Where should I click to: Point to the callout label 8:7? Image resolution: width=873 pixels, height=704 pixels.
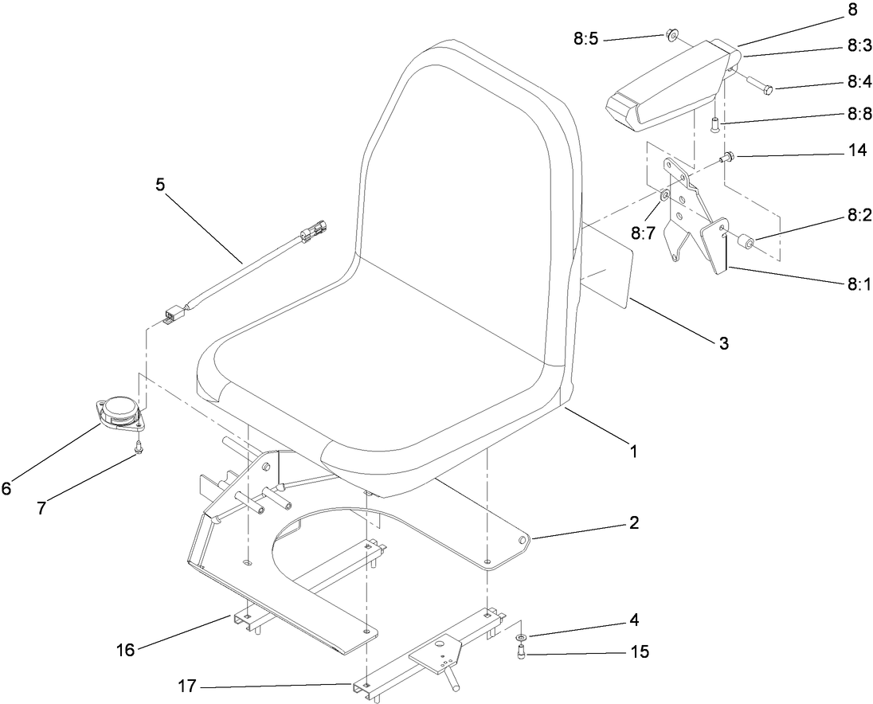click(644, 233)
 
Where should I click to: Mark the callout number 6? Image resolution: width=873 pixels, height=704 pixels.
click(6, 489)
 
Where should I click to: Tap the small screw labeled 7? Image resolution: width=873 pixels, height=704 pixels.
click(138, 448)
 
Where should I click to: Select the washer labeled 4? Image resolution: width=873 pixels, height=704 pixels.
click(520, 638)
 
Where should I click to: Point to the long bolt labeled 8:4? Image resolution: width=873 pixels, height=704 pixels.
click(761, 85)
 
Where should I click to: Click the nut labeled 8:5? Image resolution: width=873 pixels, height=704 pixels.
click(671, 34)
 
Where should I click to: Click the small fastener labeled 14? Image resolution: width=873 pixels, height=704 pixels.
click(726, 158)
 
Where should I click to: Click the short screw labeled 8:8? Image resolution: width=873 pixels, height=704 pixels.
click(714, 123)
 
